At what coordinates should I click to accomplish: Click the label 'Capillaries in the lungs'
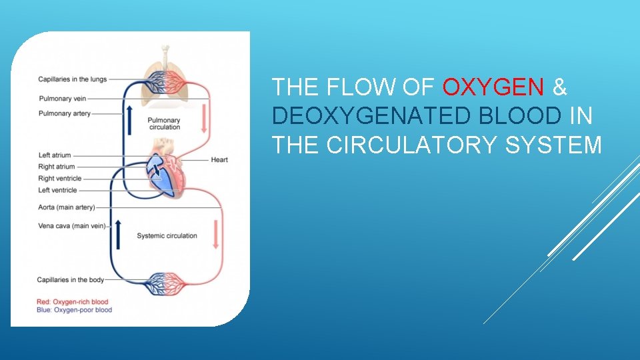point(72,80)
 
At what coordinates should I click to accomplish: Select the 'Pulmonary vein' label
point(62,99)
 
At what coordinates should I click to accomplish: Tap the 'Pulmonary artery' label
point(65,113)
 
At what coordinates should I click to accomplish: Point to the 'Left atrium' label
point(54,155)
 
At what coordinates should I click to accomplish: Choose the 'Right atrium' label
point(57,167)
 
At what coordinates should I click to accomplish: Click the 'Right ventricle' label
point(60,179)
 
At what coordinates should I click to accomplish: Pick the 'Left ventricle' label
point(58,190)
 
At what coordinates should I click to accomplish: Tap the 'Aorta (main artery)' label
point(67,207)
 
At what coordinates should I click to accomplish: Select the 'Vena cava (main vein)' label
point(71,226)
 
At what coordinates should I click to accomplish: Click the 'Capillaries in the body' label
point(71,280)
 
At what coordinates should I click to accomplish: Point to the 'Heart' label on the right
point(219,160)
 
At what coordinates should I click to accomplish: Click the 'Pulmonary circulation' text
point(164,123)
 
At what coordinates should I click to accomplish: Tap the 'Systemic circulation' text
point(167,235)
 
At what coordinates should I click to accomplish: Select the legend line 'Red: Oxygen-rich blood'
point(73,302)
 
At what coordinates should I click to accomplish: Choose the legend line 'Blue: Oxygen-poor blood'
point(75,310)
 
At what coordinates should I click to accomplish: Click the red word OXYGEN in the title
point(494,87)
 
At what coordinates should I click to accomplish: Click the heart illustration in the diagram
point(165,167)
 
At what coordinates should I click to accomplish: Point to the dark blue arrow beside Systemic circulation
point(119,234)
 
